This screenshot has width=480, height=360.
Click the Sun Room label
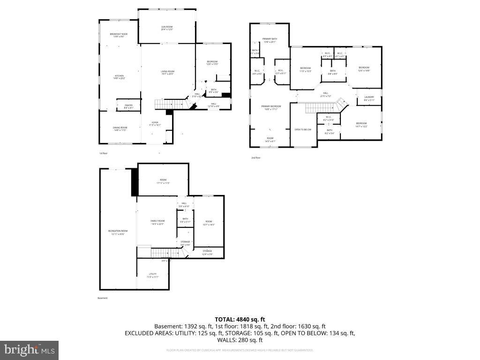(167, 28)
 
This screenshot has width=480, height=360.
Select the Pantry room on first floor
(128, 106)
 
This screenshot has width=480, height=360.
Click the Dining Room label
(120, 129)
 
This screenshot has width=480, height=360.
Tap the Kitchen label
(119, 77)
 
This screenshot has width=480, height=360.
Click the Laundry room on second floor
(369, 98)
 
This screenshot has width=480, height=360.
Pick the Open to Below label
(303, 129)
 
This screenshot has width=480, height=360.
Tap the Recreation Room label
(118, 232)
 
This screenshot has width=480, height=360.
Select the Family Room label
(157, 222)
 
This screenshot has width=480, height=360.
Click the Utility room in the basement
(153, 275)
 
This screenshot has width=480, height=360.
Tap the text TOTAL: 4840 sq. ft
(240, 319)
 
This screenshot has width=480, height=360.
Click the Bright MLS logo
(29, 350)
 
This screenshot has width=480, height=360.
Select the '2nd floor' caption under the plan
(255, 158)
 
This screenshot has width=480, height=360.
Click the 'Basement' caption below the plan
(103, 298)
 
